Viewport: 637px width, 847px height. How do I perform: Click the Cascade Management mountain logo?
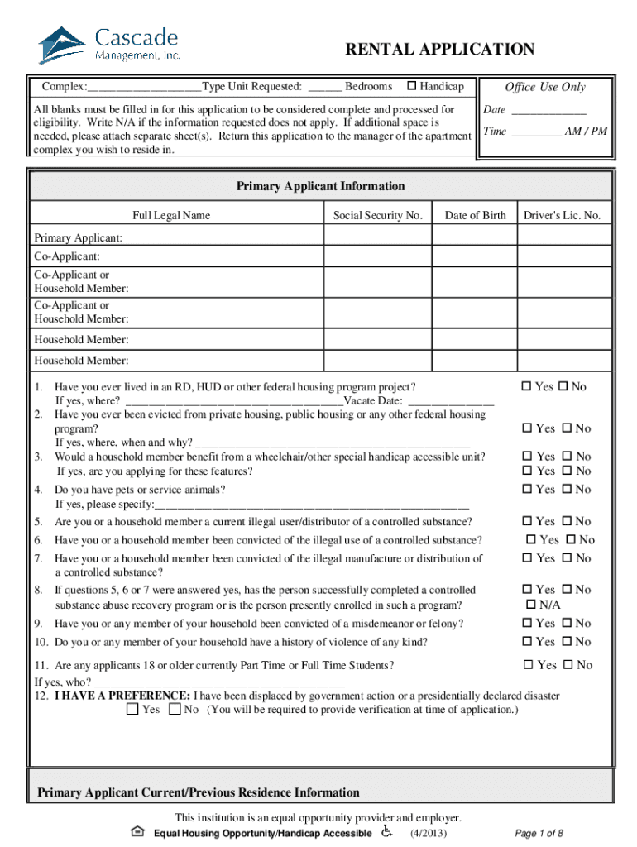pos(62,45)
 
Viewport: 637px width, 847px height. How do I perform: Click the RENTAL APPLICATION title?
pos(439,50)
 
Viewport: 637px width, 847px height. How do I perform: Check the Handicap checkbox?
pos(411,87)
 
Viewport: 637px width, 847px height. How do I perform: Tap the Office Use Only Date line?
pos(548,111)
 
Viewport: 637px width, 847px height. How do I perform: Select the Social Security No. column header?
pos(377,216)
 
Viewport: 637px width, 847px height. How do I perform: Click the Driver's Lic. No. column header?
pos(562,216)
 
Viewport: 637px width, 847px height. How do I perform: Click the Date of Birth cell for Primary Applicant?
pos(475,238)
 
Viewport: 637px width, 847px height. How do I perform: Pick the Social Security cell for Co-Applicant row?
pos(377,257)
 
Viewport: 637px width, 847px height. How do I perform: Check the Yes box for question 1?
pos(526,387)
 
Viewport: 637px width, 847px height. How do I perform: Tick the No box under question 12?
pos(175,710)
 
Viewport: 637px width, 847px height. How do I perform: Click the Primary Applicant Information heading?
pos(320,186)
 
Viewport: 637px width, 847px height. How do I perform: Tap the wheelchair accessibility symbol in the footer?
pos(388,830)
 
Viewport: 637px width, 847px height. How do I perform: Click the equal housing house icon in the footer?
pos(138,831)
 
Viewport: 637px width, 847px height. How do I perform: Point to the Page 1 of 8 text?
pos(539,833)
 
